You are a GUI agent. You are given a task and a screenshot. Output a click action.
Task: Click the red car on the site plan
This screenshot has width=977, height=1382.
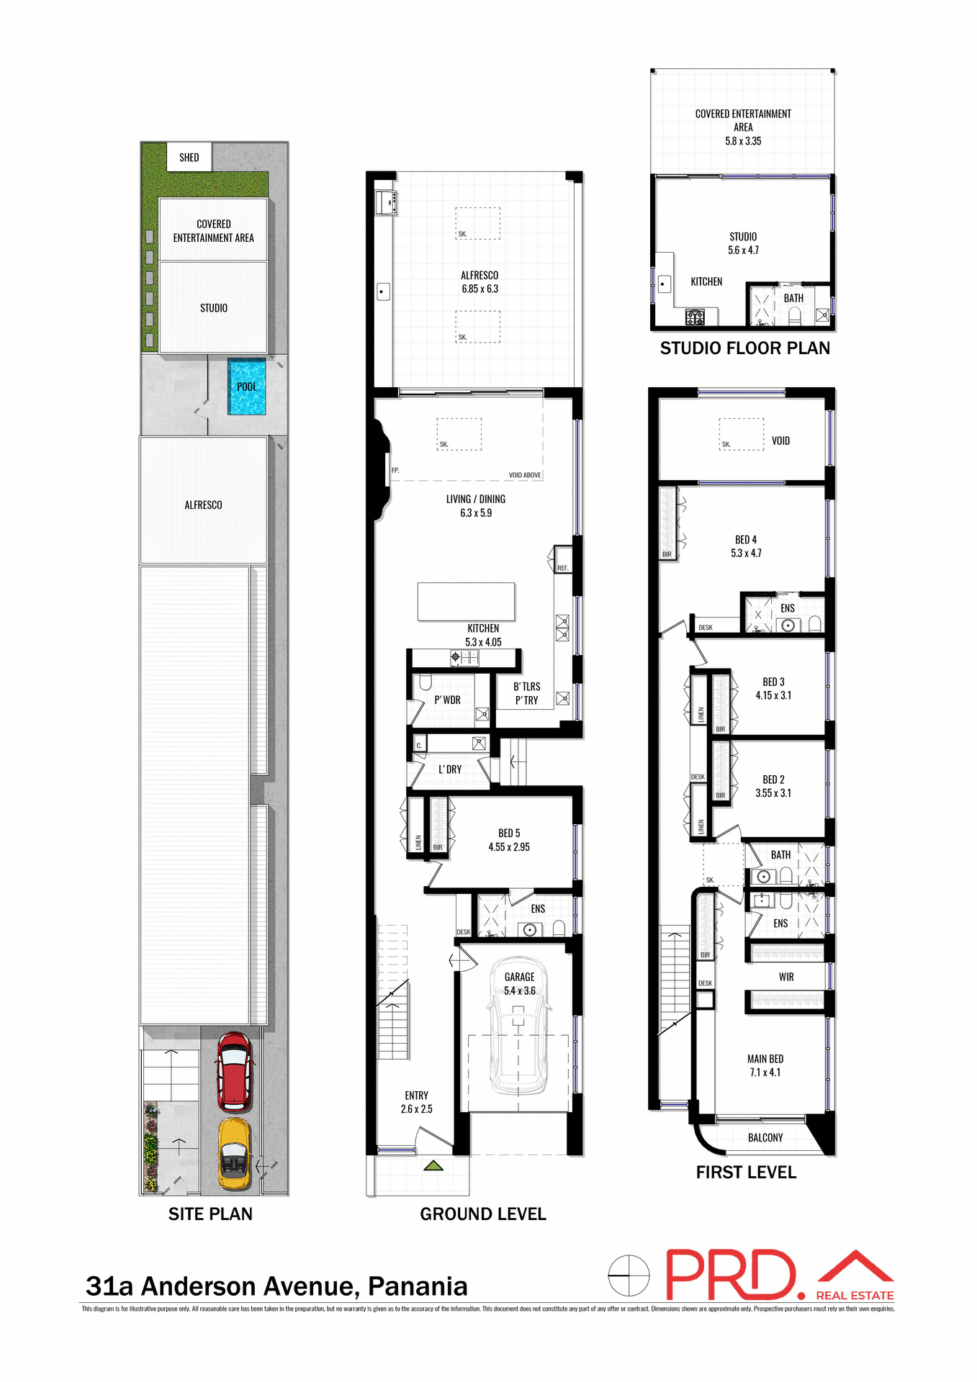[x=235, y=1072]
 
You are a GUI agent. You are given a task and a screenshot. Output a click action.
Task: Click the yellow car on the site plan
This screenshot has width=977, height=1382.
[x=235, y=1153]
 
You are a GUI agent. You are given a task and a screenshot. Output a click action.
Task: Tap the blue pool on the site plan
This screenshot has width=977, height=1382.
[x=247, y=387]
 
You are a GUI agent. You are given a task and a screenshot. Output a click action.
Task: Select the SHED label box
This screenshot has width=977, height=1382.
[x=189, y=157]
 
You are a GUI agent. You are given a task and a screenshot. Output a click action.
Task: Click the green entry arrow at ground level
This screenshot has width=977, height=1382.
[x=433, y=1165]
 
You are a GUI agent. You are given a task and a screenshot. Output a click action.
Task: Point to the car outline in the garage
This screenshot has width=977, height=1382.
[x=518, y=1044]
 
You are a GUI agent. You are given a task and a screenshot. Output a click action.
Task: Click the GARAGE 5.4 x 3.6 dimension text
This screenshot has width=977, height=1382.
[x=519, y=991]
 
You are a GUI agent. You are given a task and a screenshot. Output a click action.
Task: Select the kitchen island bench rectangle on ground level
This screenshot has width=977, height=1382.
[x=466, y=601]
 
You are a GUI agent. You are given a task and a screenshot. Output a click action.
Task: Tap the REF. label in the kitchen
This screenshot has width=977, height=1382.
[x=562, y=568]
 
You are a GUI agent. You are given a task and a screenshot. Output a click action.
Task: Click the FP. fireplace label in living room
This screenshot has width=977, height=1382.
[x=395, y=470]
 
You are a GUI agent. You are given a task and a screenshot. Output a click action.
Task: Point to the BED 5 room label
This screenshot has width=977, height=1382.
[x=508, y=834]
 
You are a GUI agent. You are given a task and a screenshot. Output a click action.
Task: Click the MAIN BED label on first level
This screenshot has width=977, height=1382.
[x=765, y=1059]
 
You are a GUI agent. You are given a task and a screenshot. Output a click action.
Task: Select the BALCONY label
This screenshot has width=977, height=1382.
[x=765, y=1137]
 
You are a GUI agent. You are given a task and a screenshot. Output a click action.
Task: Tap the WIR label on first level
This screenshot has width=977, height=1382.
[x=785, y=977]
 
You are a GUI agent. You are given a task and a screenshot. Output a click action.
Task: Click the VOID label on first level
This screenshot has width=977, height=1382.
[x=780, y=441]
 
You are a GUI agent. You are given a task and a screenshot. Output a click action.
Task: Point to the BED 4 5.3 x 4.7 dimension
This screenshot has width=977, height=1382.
[x=746, y=553]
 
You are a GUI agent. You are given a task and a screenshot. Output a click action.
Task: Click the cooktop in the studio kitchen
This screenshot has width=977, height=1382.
[x=695, y=316]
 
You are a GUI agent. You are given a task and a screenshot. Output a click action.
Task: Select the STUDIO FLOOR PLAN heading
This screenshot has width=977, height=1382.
[x=744, y=348]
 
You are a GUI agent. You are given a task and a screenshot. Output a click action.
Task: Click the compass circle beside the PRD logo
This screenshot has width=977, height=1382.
[x=629, y=1275]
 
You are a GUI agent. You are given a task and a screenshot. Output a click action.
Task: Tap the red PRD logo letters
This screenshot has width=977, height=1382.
[x=730, y=1275]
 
